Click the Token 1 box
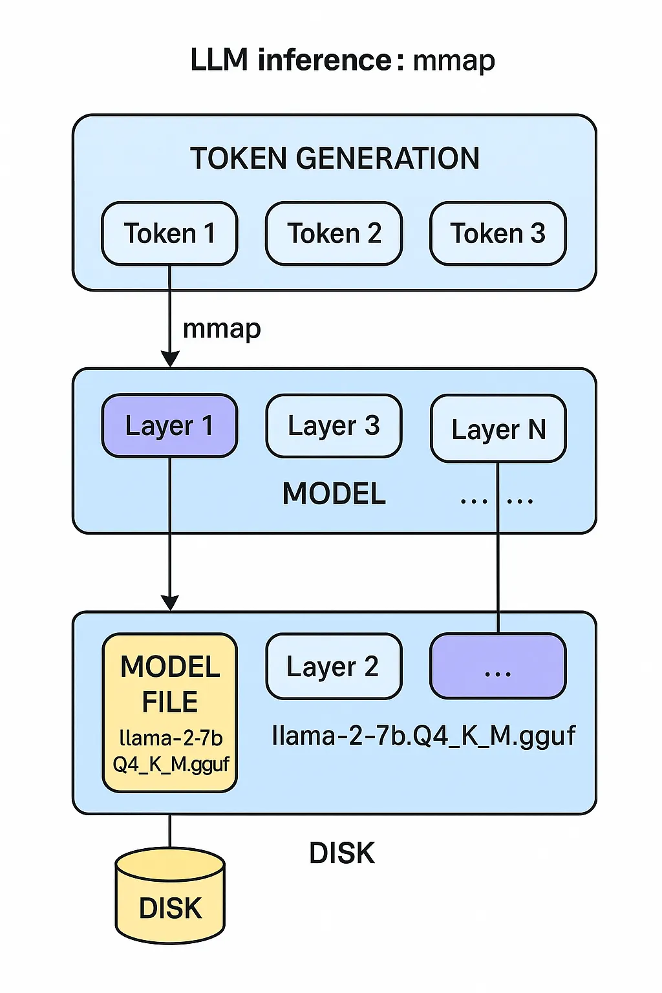point(169,233)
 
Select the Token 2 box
point(334,233)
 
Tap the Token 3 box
point(498,233)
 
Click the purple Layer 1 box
point(169,425)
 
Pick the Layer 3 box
point(334,425)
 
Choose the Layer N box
point(498,429)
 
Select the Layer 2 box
point(334,667)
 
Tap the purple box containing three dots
point(498,667)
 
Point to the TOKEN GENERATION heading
point(335,158)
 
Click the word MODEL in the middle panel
point(334,494)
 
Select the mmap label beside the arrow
point(222,329)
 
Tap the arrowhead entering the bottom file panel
point(169,603)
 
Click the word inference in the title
point(325,60)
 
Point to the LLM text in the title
point(219,60)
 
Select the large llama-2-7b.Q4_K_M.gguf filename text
point(423,736)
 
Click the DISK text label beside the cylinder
point(341,853)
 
